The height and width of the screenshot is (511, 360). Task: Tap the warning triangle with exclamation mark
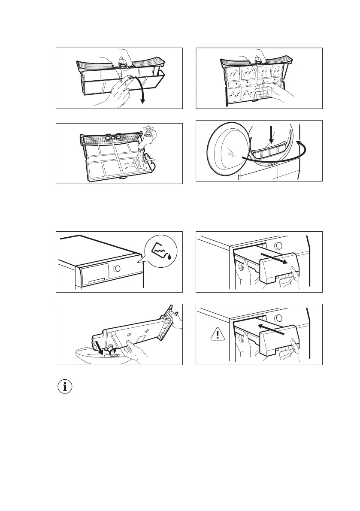(218, 335)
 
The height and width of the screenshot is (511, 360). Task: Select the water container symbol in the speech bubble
(160, 251)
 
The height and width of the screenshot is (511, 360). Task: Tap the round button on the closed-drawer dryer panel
(117, 272)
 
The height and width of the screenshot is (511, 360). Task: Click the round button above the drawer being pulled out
(278, 246)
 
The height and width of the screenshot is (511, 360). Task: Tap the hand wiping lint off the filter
(269, 92)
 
